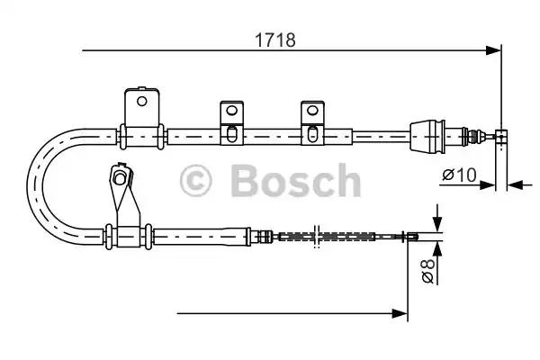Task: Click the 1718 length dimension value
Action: click(274, 40)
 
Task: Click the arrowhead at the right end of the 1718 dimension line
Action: click(493, 50)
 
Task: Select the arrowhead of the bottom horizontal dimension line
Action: click(401, 313)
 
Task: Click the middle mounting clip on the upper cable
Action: click(231, 122)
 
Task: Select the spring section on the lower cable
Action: click(324, 237)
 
